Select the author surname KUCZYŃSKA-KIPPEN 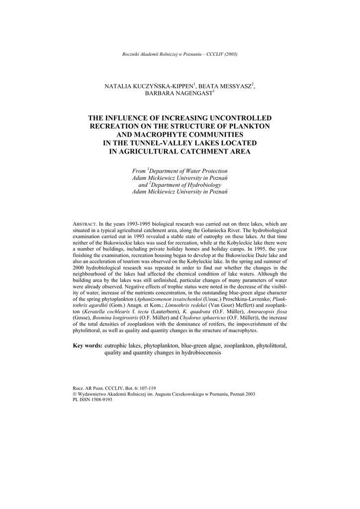[147, 86]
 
